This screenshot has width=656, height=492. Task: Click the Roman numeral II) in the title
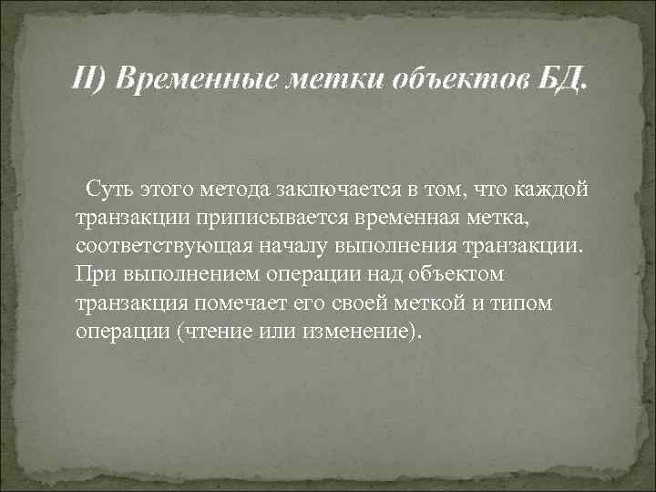(x=90, y=84)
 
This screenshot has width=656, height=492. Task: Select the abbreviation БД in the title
(x=559, y=84)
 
